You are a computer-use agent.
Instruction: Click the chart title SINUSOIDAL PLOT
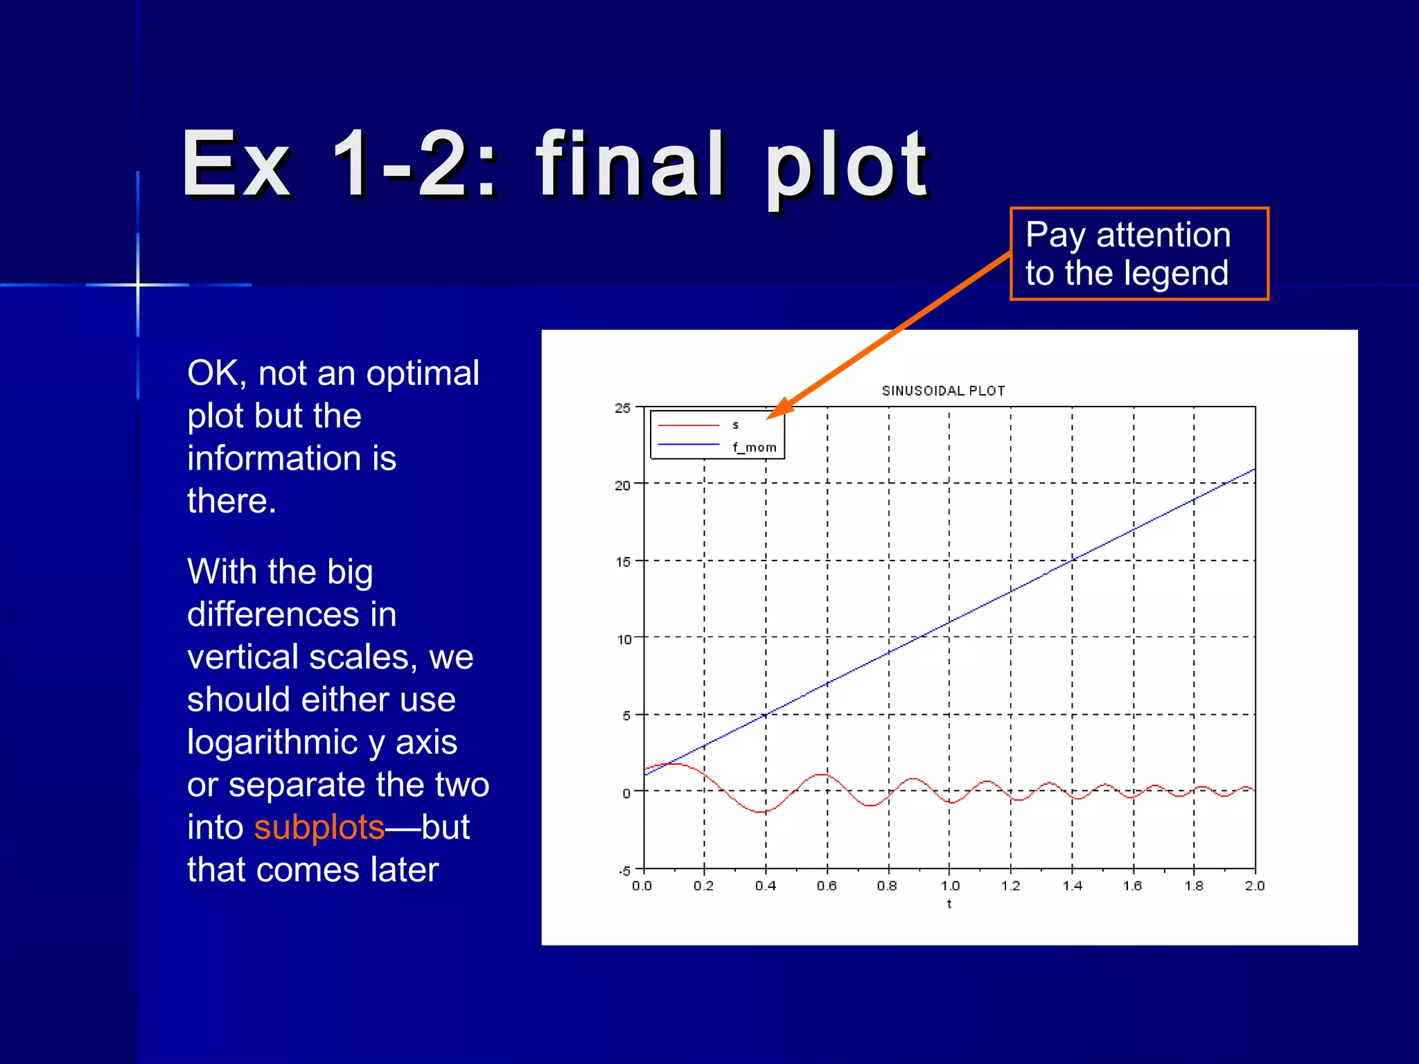(x=943, y=391)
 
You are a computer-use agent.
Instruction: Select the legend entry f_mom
(x=754, y=447)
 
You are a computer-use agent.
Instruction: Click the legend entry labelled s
(x=735, y=425)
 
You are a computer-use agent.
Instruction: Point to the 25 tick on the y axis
(x=622, y=408)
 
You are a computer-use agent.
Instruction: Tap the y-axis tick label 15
(x=623, y=562)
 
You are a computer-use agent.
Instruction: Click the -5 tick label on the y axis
(x=624, y=871)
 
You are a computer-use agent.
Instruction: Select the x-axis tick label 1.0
(x=950, y=886)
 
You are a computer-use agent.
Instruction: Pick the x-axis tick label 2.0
(x=1254, y=886)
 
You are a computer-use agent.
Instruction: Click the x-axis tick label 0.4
(x=765, y=886)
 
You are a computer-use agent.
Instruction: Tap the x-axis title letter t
(x=949, y=904)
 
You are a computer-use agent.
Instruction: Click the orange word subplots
(x=319, y=827)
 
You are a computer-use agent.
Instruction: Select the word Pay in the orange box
(x=1055, y=235)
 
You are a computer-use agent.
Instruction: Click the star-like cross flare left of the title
(x=138, y=285)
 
